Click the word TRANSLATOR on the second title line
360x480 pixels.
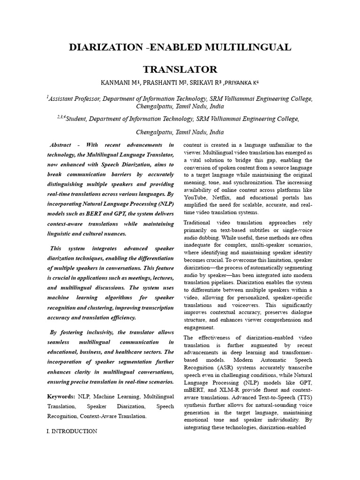click(180, 70)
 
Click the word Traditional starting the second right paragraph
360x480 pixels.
click(200, 222)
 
